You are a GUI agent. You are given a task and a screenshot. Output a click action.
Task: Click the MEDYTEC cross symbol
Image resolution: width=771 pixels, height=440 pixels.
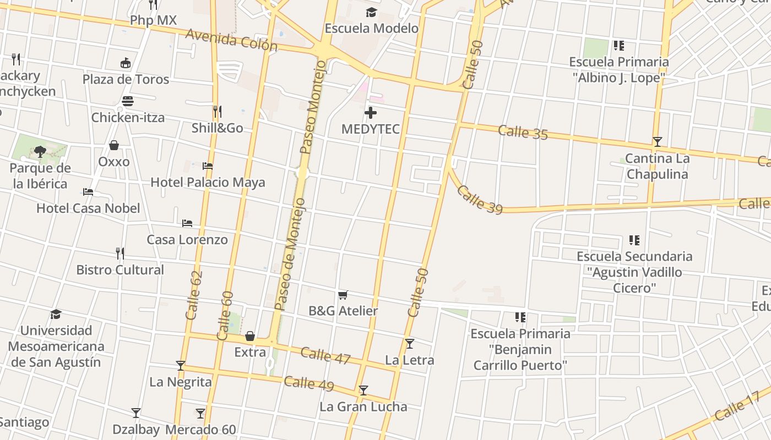(371, 113)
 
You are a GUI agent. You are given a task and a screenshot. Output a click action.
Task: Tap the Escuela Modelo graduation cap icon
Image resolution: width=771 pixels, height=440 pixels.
(371, 12)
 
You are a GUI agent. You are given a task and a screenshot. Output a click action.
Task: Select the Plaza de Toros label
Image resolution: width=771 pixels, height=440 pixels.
(126, 79)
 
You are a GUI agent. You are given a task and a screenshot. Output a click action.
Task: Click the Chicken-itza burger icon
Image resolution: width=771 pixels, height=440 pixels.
(128, 101)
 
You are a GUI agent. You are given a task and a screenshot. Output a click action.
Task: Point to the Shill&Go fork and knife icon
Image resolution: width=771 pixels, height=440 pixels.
(217, 112)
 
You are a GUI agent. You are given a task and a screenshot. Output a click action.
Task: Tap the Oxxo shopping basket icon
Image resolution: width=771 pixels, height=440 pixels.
(114, 145)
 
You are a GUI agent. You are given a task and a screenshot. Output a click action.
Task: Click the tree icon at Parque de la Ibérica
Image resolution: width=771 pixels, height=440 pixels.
(40, 151)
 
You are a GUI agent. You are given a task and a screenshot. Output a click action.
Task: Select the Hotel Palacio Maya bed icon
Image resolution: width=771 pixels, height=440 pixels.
(208, 166)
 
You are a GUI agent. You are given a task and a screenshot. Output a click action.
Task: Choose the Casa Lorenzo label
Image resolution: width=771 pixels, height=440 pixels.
(187, 240)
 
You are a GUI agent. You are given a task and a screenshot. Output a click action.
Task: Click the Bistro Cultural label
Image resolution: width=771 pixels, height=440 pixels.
(120, 270)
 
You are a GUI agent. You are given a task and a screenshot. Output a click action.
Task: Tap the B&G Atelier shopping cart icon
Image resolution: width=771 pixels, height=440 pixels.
(343, 295)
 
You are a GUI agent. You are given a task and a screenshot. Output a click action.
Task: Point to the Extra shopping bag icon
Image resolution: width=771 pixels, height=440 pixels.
(250, 336)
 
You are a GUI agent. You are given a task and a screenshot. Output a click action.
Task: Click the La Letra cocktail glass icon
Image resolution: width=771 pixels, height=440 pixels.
(409, 344)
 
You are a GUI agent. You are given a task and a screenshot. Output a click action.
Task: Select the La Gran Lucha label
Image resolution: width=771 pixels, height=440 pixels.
(363, 407)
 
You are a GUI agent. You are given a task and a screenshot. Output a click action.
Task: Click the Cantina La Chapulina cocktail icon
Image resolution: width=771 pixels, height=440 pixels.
(657, 142)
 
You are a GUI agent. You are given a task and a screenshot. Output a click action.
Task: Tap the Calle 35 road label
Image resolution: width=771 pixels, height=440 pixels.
(523, 132)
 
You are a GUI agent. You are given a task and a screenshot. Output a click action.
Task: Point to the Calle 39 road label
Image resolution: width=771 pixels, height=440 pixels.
(479, 199)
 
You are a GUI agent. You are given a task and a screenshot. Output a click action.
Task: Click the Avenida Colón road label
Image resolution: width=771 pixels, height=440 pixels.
(231, 40)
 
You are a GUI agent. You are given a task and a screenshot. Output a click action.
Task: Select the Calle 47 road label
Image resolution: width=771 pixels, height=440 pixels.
(325, 355)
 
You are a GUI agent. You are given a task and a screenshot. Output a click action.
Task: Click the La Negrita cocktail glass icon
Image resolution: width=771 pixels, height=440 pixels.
(181, 366)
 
